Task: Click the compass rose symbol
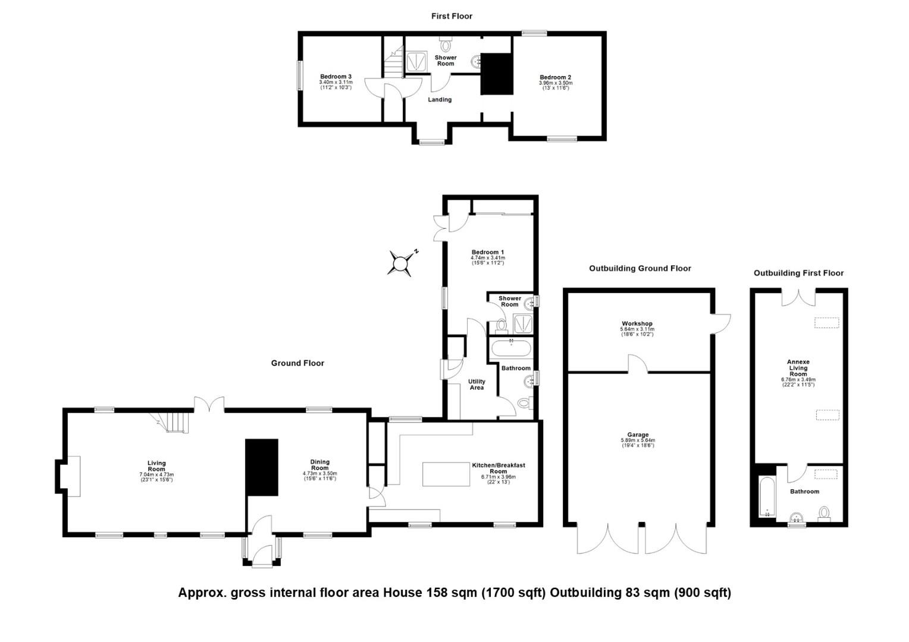coord(401,262)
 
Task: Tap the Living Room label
coord(156,466)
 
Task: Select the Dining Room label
coord(319,465)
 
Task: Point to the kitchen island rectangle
coord(445,474)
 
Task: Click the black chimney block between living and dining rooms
coord(262,467)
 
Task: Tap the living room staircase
coord(175,421)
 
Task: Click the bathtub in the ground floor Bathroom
coord(510,348)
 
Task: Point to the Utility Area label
coord(477,385)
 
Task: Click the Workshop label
coord(637,323)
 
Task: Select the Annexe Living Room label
coord(798,368)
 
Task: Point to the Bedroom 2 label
coord(555,77)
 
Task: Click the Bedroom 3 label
coord(336,77)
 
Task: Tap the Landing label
coord(440,99)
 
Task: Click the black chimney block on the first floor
coord(497,74)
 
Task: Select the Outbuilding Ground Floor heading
coord(640,268)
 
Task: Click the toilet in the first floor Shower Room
coord(446,45)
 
